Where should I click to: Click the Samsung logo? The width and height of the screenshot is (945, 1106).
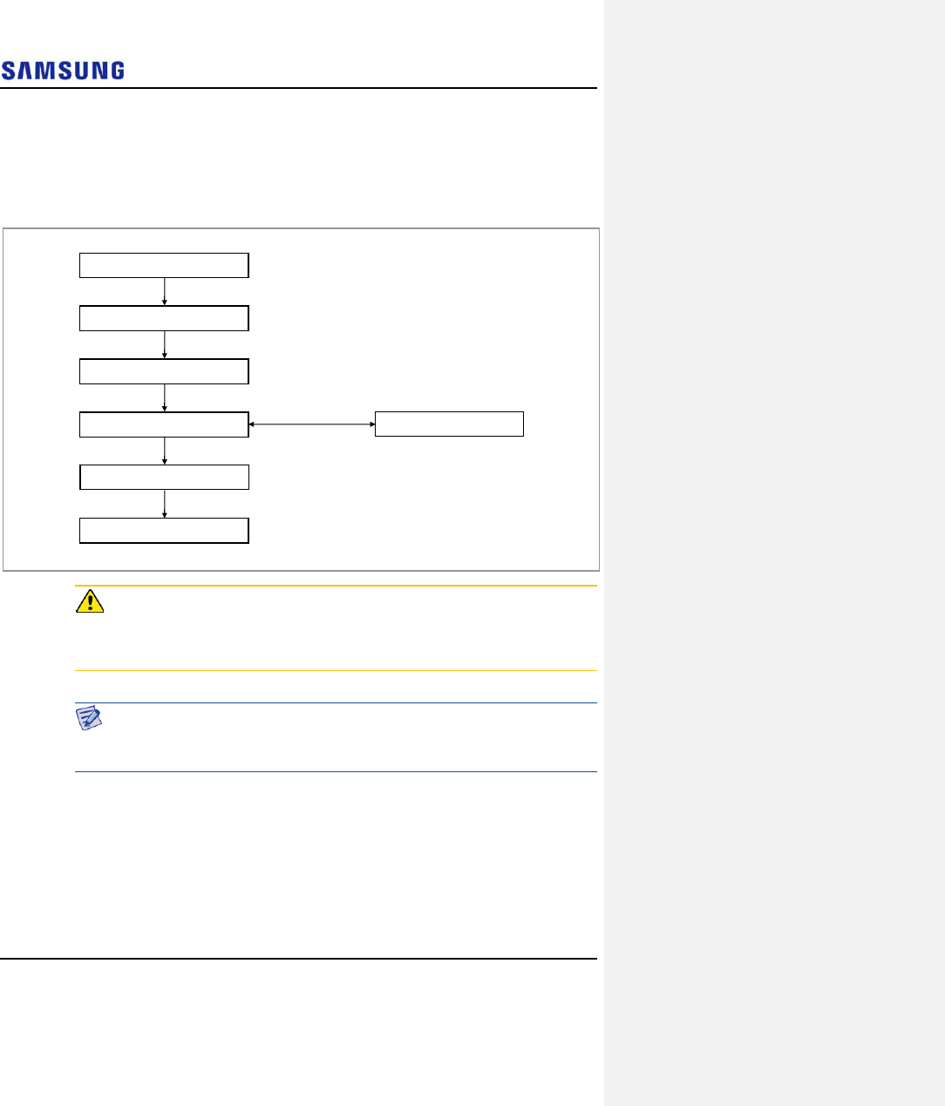point(63,71)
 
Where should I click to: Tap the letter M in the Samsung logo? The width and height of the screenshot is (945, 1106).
point(51,71)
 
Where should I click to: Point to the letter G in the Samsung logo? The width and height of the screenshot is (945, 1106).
point(115,71)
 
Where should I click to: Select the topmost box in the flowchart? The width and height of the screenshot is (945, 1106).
point(164,265)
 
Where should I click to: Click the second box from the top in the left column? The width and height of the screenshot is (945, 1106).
point(164,318)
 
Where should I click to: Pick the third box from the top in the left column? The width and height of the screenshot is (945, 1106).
point(164,371)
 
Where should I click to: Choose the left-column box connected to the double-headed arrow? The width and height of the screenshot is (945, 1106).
point(164,424)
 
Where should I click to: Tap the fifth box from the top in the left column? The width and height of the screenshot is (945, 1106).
point(164,477)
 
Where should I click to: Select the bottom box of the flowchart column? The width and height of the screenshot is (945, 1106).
point(164,530)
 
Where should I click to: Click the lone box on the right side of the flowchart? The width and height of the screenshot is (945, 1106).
point(449,424)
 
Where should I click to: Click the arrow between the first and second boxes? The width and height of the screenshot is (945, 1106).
point(165,291)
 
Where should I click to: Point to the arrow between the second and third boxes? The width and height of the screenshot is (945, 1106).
point(165,344)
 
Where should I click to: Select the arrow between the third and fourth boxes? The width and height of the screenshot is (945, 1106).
point(165,397)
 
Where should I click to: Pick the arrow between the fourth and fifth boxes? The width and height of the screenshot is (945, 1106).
point(165,451)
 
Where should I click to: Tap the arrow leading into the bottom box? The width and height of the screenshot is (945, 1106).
point(165,504)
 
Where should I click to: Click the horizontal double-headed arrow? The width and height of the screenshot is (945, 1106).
point(312,424)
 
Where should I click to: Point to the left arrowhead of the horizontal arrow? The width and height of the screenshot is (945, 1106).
point(252,424)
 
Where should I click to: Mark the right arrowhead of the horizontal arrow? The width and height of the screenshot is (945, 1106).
point(372,424)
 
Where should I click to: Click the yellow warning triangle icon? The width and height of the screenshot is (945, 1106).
point(90,601)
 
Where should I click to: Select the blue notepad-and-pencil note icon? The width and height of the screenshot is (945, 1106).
point(89,717)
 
